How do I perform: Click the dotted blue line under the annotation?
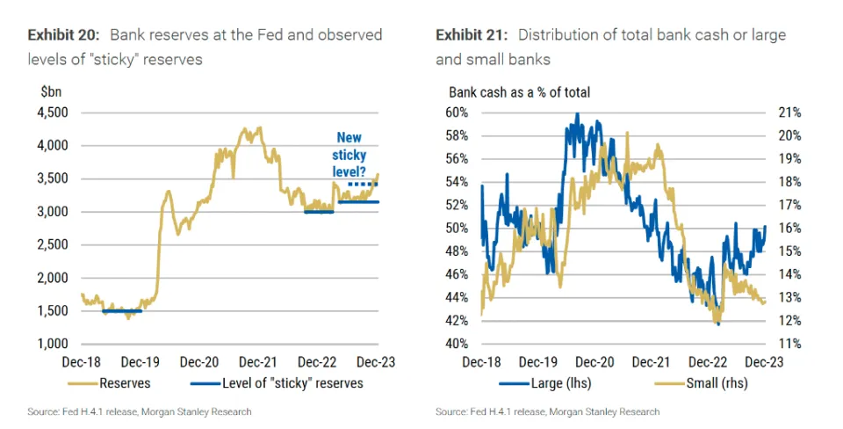[363, 184]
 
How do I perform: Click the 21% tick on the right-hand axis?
[791, 113]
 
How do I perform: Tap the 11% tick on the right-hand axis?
[791, 344]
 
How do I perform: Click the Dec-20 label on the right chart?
[594, 362]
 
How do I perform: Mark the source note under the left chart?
[140, 411]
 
